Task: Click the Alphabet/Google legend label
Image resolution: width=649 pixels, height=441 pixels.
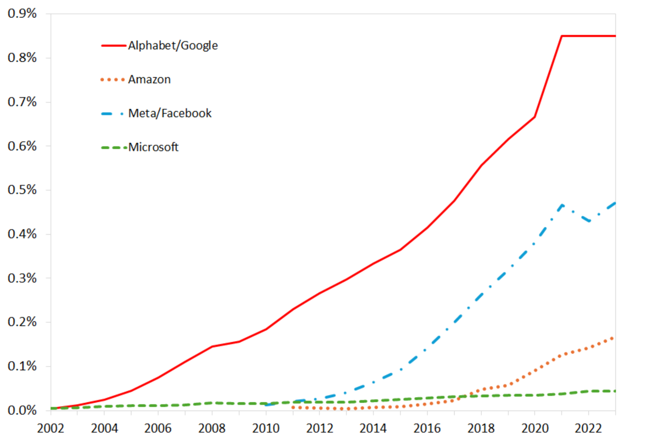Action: pos(172,46)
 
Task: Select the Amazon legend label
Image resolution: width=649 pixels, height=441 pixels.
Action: pos(149,79)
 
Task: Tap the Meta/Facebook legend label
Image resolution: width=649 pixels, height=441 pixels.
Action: pos(170,113)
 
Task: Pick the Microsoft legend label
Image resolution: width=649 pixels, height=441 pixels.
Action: pos(153,147)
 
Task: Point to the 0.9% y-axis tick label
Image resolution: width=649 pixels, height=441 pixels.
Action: pos(22,14)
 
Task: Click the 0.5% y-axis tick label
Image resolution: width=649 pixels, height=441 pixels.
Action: pos(22,190)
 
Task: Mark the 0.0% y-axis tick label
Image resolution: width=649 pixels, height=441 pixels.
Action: pos(22,410)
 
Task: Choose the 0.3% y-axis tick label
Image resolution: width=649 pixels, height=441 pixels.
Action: pos(22,278)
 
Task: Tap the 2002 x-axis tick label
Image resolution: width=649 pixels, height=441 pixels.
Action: pos(50,428)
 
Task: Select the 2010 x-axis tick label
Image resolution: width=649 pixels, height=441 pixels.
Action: pos(266,428)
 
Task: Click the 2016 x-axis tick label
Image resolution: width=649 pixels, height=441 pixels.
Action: pos(427,428)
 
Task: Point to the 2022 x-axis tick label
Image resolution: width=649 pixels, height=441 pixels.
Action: pos(588,428)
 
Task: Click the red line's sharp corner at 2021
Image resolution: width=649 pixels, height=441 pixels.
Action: pos(561,36)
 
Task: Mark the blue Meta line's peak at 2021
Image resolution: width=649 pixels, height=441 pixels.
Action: pos(561,205)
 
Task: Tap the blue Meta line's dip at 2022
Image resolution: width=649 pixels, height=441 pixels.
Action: pos(588,222)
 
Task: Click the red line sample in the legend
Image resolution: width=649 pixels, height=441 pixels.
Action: pos(113,46)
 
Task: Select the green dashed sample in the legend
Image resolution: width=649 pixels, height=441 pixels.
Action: pos(113,147)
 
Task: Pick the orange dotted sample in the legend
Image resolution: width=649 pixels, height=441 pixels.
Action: pos(113,79)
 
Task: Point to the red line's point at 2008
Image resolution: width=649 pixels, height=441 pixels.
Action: pos(212,346)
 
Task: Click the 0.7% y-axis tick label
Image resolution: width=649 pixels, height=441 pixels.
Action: pos(22,102)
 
